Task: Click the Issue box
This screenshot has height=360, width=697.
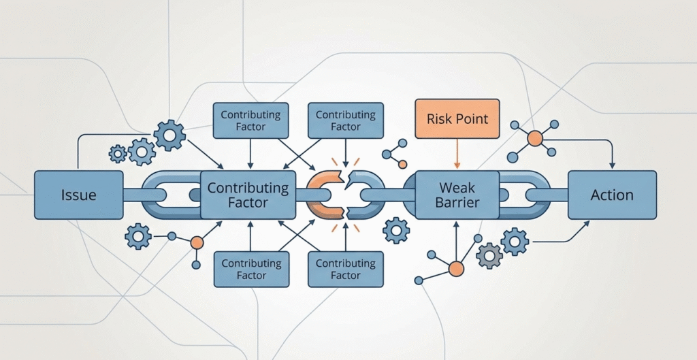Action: [x=78, y=195]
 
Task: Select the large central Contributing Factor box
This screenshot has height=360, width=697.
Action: [x=248, y=195]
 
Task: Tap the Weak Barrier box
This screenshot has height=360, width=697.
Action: [x=457, y=195]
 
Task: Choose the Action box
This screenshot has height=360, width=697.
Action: [x=612, y=195]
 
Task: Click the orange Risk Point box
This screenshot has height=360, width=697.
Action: [x=457, y=119]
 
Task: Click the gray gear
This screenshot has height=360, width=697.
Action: [x=489, y=255]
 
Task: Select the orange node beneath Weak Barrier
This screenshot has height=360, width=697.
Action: [x=456, y=269]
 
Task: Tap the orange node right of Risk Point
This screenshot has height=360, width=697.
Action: [x=535, y=139]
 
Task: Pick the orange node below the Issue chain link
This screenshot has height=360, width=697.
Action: [x=197, y=242]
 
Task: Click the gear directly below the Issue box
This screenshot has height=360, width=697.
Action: [x=138, y=236]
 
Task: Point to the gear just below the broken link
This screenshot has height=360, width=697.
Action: [x=396, y=230]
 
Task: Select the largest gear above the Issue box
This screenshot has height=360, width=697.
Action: [x=169, y=135]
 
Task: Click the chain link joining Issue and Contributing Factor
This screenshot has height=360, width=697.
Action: [x=163, y=195]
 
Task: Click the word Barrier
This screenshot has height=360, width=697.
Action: [x=457, y=203]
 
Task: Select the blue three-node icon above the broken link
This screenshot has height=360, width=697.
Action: [x=394, y=154]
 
